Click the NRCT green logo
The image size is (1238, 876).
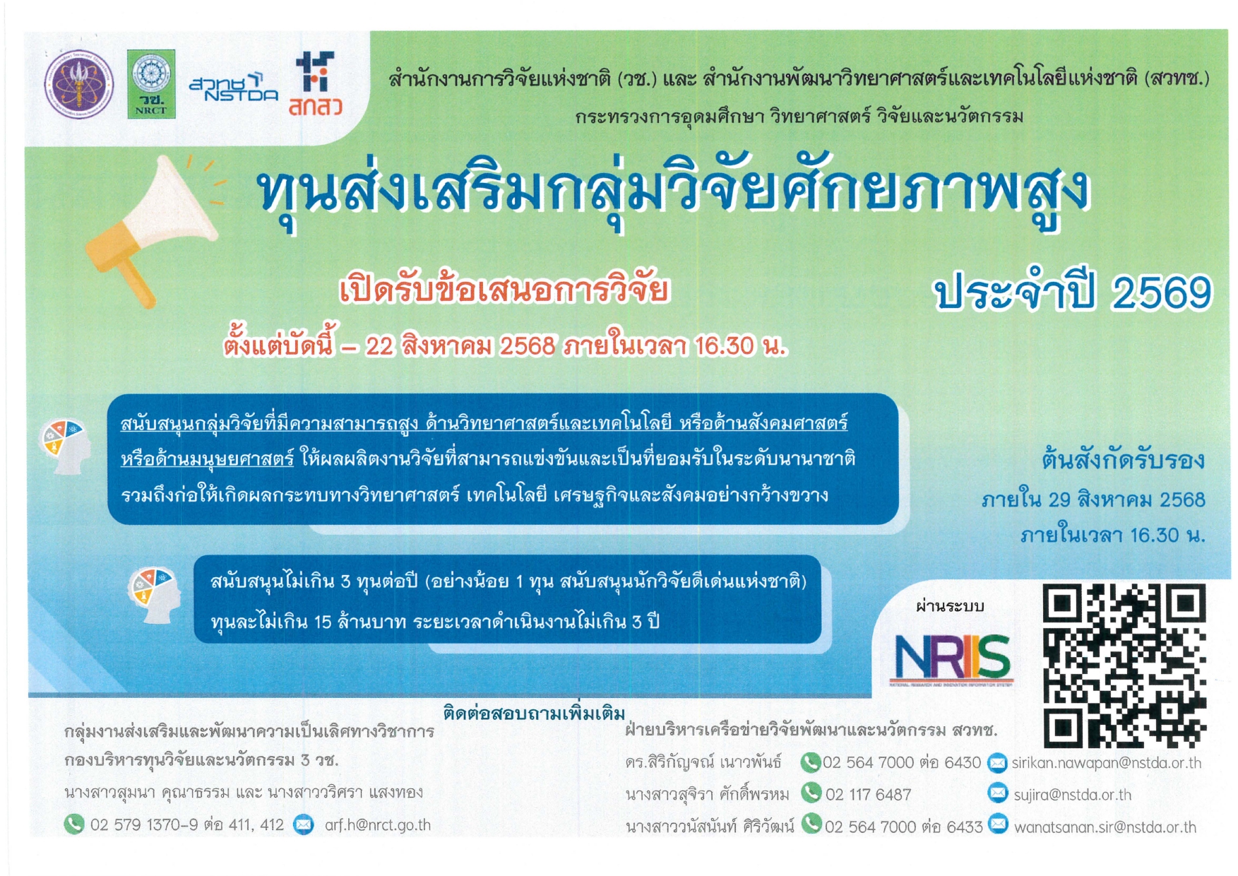click(150, 83)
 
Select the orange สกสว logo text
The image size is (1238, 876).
click(315, 107)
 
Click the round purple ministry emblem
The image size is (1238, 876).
click(78, 84)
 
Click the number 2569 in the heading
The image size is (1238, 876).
click(1162, 293)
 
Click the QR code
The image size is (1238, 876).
click(1124, 665)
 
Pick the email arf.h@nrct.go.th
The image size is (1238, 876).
click(377, 824)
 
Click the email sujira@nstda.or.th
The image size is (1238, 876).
click(1072, 795)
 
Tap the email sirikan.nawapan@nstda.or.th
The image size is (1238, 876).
click(1106, 763)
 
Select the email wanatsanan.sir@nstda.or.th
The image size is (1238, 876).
click(1105, 827)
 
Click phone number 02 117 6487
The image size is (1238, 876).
click(868, 795)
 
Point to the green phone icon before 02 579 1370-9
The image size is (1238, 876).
click(73, 824)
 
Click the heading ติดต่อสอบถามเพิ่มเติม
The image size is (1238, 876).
click(534, 713)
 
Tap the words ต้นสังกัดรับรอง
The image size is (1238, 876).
click(1122, 461)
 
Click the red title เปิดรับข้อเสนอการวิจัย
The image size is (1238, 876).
click(504, 290)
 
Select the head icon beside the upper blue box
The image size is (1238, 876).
click(65, 446)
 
